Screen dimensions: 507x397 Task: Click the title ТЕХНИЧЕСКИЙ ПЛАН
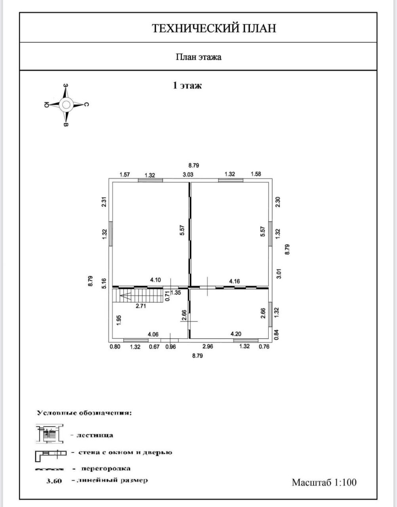click(214, 28)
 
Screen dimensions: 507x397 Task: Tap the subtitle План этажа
click(198, 57)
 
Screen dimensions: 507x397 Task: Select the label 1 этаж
click(187, 85)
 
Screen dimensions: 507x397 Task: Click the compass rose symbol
click(66, 105)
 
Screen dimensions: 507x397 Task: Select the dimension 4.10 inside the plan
click(156, 280)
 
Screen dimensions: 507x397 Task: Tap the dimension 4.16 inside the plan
click(234, 281)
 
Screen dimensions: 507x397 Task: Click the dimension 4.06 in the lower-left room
click(153, 335)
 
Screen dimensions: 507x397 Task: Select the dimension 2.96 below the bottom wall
click(207, 347)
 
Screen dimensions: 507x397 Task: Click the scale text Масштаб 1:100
click(324, 482)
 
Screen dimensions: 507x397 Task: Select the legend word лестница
click(95, 435)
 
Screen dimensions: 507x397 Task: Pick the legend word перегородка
click(106, 468)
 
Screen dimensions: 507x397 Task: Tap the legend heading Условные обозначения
click(84, 413)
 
